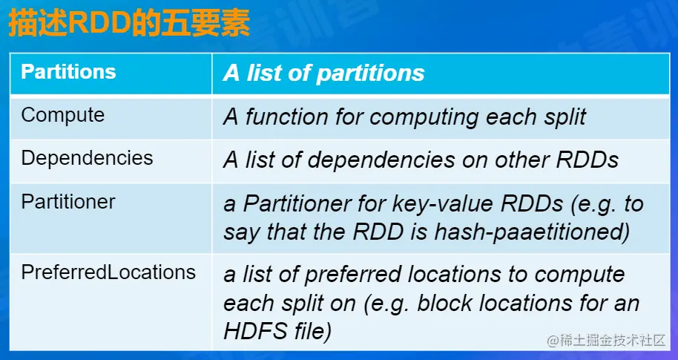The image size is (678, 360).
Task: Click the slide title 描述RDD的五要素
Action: click(129, 24)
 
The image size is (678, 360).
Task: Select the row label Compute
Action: click(63, 115)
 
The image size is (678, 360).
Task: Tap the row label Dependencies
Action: click(87, 158)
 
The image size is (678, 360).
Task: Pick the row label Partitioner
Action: click(68, 202)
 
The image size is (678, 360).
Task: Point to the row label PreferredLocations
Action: click(108, 272)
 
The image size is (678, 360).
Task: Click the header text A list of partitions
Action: click(324, 73)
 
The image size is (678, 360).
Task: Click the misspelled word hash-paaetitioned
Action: click(532, 232)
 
